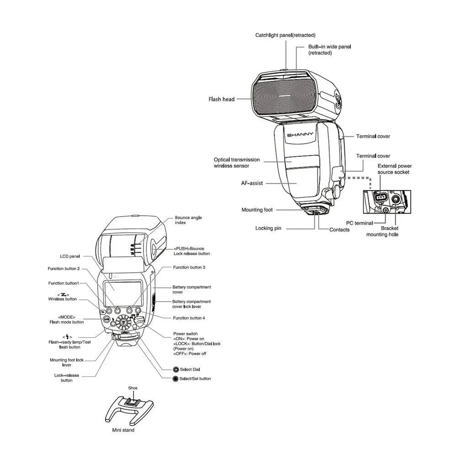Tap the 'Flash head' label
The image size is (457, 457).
coord(222,99)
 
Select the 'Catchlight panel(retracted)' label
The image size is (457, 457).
coord(285,35)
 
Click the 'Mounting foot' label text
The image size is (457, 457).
coord(257,210)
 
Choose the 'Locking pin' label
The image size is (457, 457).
coord(268,228)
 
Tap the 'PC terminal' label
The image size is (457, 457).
coord(359,223)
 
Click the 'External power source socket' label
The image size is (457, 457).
coord(393,169)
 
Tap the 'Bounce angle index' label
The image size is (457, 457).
coord(188,220)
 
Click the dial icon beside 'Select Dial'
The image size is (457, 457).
coord(175,369)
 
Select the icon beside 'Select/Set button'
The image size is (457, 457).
coord(175,379)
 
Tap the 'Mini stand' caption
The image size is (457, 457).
coord(123,430)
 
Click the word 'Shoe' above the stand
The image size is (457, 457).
coord(133,388)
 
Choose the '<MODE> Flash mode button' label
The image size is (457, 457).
coord(67,319)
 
